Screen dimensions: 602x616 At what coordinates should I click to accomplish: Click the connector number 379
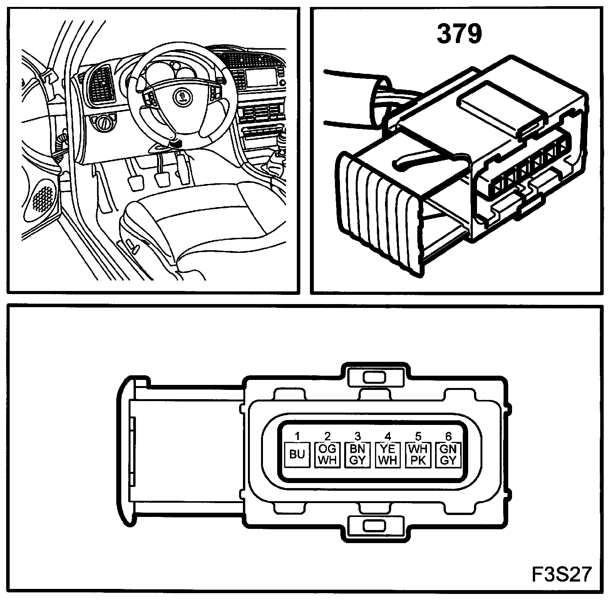tap(459, 34)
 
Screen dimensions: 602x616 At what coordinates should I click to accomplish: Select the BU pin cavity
tap(297, 455)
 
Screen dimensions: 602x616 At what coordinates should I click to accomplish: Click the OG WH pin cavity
tap(327, 455)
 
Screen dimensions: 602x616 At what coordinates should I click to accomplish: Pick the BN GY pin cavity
tap(358, 455)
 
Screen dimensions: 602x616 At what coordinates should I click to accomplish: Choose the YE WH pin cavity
tap(388, 455)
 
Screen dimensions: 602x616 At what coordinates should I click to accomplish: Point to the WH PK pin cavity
tap(418, 455)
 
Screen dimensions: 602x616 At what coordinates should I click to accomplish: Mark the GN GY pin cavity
tap(448, 455)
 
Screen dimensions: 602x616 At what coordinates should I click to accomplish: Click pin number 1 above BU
tap(297, 436)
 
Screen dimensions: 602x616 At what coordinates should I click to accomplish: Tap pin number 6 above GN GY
tap(448, 436)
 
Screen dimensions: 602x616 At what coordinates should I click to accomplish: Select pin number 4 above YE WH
tap(388, 436)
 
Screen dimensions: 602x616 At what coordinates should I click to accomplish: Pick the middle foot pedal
tap(162, 179)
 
